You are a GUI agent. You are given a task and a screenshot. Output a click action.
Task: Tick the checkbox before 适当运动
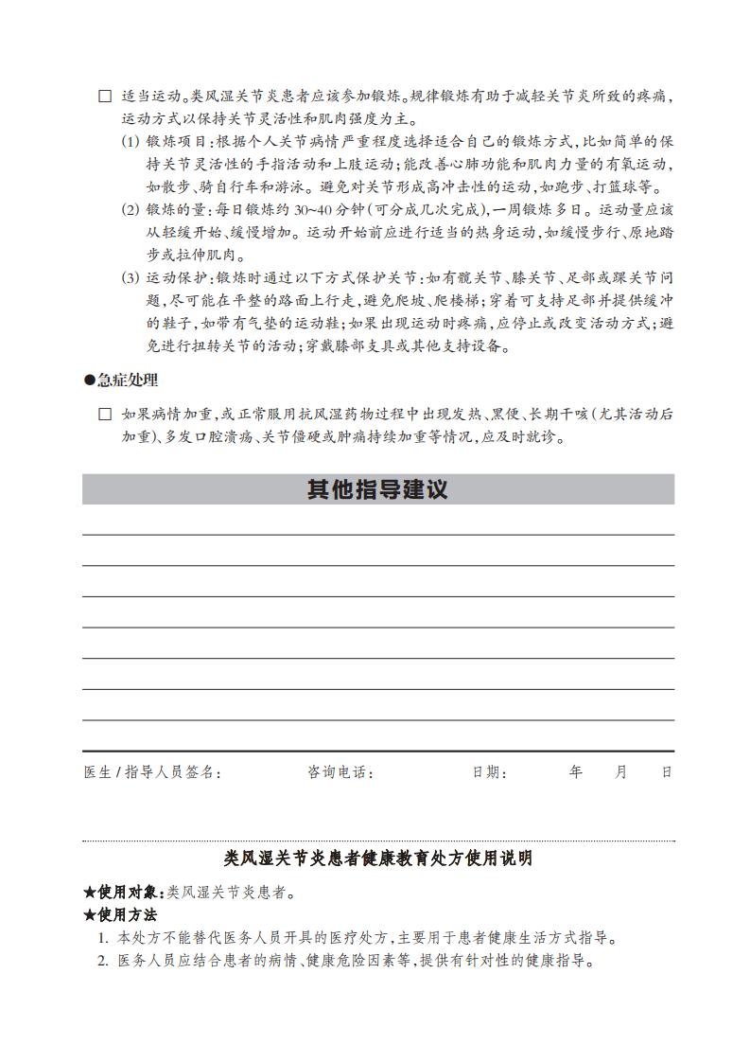(x=105, y=97)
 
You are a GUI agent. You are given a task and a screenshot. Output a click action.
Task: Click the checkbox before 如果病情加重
(x=105, y=415)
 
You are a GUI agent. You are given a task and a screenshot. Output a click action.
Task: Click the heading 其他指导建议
(x=377, y=489)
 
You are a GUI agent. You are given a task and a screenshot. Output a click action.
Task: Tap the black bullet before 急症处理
(x=90, y=380)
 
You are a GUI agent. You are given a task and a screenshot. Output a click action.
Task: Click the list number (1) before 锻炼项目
(x=131, y=141)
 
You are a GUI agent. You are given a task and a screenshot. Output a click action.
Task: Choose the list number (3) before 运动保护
(x=131, y=278)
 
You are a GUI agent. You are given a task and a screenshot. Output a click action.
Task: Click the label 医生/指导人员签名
(x=152, y=772)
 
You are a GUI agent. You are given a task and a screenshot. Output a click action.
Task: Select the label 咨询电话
(x=340, y=772)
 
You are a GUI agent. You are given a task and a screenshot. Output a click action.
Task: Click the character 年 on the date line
(x=576, y=771)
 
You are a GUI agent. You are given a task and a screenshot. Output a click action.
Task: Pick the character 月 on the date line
(x=621, y=771)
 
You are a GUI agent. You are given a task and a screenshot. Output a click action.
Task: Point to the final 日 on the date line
(x=667, y=771)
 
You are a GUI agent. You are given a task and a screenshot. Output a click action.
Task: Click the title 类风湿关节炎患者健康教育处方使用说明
(x=377, y=858)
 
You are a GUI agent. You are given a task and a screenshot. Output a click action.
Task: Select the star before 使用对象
(x=90, y=893)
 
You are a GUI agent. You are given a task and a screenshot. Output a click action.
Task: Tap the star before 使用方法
(x=90, y=915)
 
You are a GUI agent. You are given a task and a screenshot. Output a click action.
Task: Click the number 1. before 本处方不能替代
(x=104, y=939)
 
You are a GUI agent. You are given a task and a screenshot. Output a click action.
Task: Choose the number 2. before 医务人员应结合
(x=104, y=962)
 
